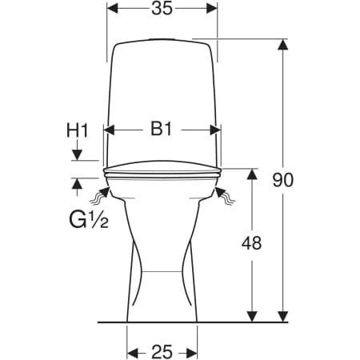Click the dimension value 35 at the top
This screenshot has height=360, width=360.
tap(162, 9)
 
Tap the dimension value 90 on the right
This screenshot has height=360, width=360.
tap(283, 180)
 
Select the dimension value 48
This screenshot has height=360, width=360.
tap(252, 243)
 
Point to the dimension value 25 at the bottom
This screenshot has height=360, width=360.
tap(162, 352)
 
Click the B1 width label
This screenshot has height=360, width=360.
tap(162, 130)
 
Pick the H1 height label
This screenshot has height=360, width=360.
tap(77, 131)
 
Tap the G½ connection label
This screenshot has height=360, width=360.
tap(89, 221)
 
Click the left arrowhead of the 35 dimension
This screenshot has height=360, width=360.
tap(112, 9)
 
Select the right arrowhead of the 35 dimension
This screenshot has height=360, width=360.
tap(212, 9)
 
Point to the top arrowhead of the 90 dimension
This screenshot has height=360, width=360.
tap(283, 44)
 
